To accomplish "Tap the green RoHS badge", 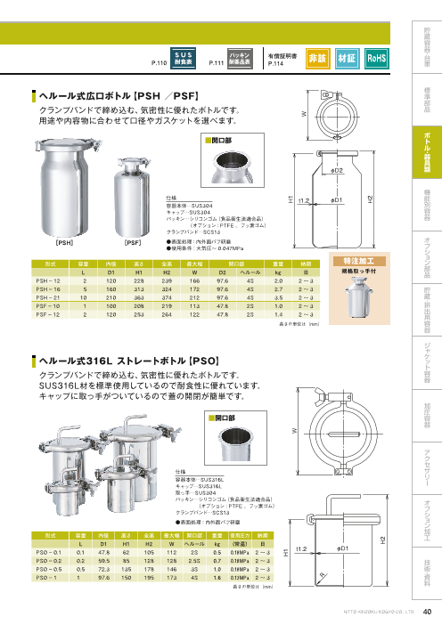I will click(x=376, y=59).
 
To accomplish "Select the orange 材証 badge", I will click(x=348, y=59).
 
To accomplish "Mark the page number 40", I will click(x=428, y=611).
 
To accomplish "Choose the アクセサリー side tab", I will click(x=428, y=459).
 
